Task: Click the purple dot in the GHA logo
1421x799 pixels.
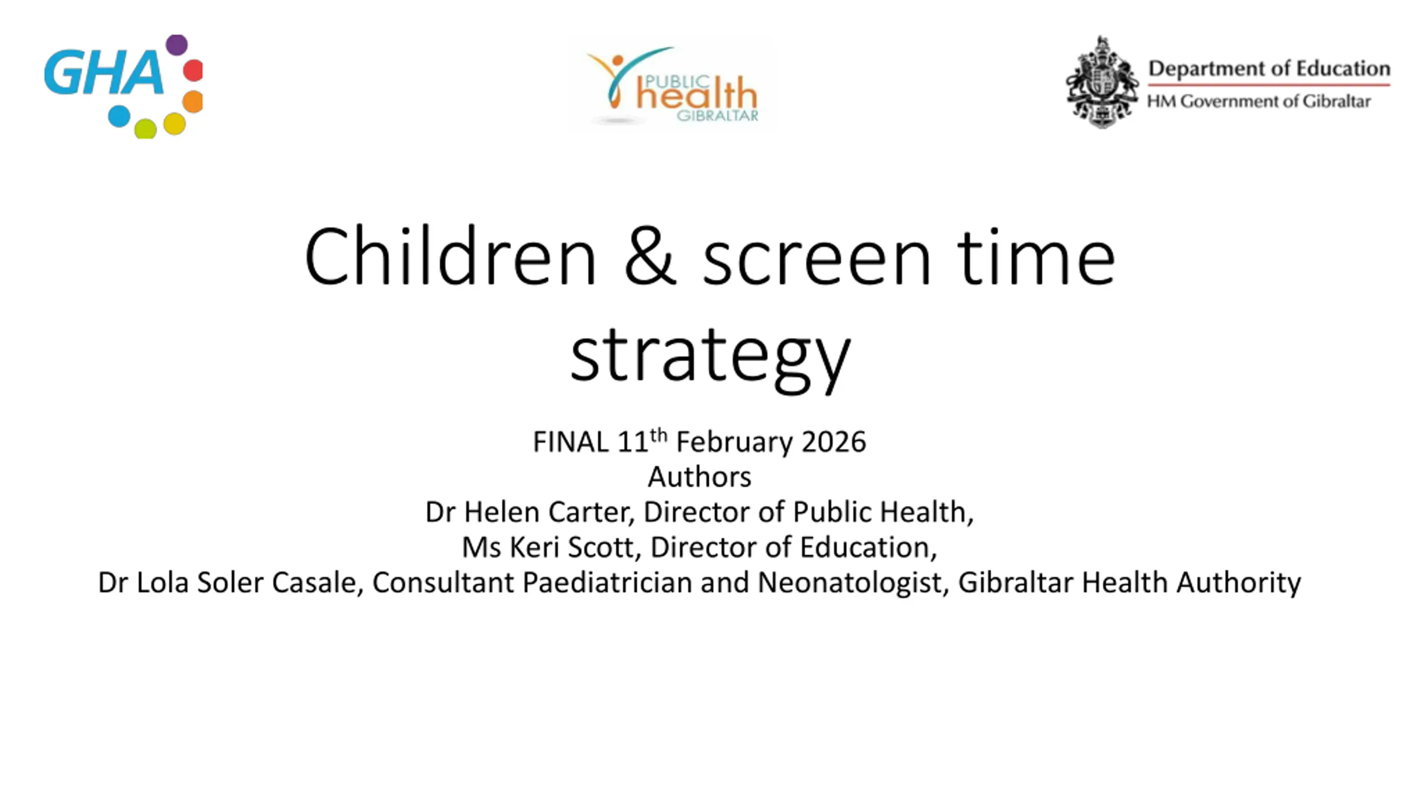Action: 177,45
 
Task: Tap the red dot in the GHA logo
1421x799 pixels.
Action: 193,70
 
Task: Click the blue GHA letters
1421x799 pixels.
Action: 104,73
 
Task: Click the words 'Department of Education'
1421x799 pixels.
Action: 1269,68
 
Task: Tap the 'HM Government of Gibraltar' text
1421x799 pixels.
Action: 1259,101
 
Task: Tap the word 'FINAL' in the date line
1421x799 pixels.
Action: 571,442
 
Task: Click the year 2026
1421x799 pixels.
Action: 834,442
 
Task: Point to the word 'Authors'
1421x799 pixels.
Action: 699,477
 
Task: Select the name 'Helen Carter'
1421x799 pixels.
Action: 548,512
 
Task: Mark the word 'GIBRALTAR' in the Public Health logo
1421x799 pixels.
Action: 717,115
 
